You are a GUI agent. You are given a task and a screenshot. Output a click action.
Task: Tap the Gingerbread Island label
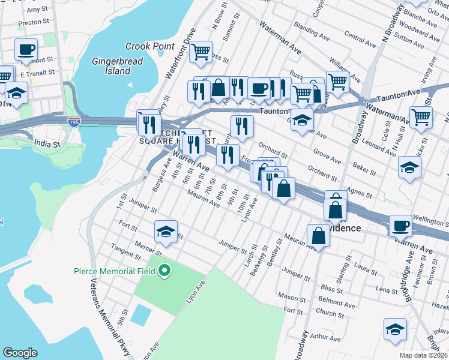(x=111, y=66)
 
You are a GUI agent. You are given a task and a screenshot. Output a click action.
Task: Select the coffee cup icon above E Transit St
(x=26, y=49)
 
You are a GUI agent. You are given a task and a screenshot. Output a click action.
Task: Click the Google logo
(x=20, y=353)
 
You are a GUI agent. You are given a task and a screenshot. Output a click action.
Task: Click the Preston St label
(x=34, y=22)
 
